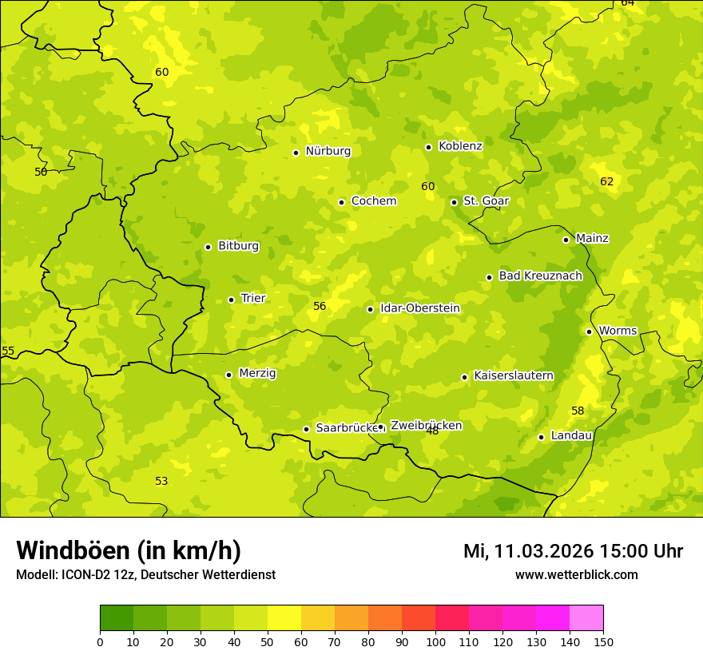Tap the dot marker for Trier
click(232, 300)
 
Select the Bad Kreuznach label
click(540, 276)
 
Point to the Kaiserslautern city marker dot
click(464, 377)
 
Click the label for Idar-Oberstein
click(419, 308)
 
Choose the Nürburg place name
click(328, 151)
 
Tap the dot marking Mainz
click(566, 240)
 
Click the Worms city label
click(618, 331)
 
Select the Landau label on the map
click(571, 435)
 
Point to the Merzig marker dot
click(228, 375)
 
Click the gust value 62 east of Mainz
click(607, 181)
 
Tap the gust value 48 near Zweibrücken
click(432, 431)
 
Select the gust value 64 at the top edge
click(628, 3)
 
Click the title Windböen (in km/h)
click(129, 550)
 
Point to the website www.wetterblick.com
click(576, 574)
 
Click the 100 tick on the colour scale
click(435, 641)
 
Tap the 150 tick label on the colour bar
click(603, 641)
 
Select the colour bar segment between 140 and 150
click(586, 618)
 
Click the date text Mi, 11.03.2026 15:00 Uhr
click(573, 551)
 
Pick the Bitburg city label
click(238, 246)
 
